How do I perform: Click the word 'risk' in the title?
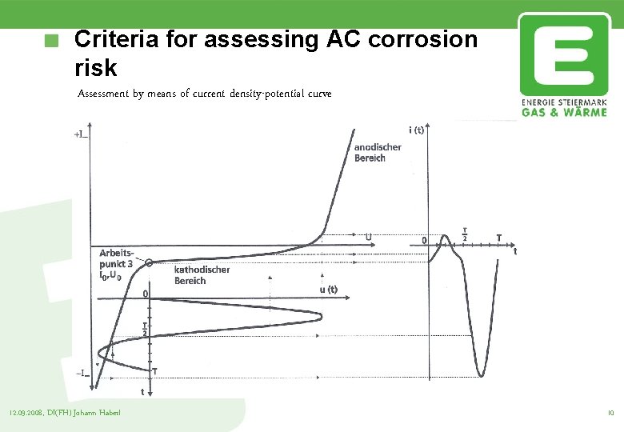tap(94, 67)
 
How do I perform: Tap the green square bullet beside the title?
tap(53, 41)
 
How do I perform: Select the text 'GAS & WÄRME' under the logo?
tap(564, 112)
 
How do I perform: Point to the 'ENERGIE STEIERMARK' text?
tap(564, 102)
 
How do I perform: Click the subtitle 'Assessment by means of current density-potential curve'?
tap(204, 94)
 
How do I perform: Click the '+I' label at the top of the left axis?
tap(81, 135)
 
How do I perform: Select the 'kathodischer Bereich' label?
tap(202, 275)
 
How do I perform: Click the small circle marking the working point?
tap(150, 262)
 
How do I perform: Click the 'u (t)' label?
tap(328, 290)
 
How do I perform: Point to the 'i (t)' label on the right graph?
tap(416, 130)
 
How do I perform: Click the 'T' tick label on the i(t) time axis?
tap(499, 237)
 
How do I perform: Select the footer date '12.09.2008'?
tap(26, 413)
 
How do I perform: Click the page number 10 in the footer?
tap(610, 413)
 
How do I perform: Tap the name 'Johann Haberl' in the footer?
tap(99, 413)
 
